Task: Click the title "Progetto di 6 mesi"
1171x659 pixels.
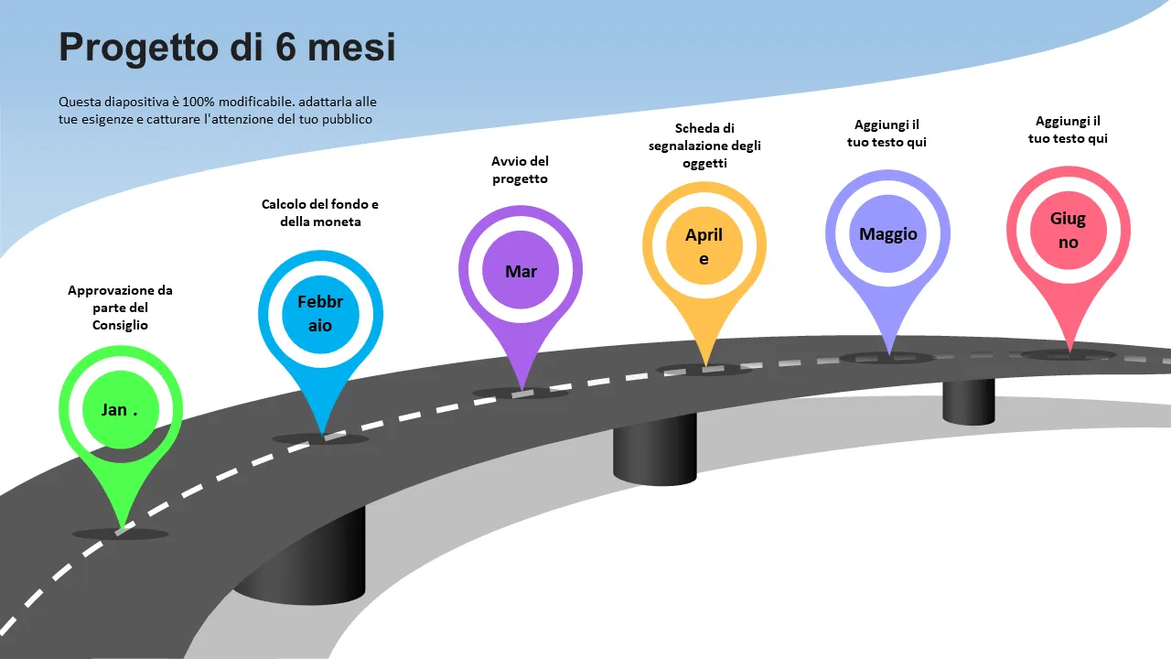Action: tap(227, 47)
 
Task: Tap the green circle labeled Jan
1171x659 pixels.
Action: tap(121, 409)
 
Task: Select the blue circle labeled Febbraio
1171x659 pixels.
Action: tap(320, 313)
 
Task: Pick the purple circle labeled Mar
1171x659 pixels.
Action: tap(521, 271)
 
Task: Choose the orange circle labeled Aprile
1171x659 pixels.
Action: tap(704, 246)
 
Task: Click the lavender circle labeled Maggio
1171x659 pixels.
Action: tap(888, 233)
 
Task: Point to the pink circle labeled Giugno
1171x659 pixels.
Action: tap(1069, 231)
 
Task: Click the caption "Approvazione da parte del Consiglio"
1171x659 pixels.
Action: tap(120, 308)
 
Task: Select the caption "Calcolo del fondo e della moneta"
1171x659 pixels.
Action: tap(320, 213)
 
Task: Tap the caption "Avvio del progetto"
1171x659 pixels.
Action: tap(521, 170)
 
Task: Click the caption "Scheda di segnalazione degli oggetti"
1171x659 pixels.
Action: tap(704, 146)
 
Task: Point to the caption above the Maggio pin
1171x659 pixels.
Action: tap(887, 134)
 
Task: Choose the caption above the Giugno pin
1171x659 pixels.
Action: tap(1068, 130)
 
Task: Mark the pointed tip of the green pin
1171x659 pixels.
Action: tap(119, 528)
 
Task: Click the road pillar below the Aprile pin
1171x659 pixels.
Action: tap(655, 448)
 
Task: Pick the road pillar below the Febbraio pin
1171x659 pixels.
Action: tap(302, 558)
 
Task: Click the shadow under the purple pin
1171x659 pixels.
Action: tap(521, 394)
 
